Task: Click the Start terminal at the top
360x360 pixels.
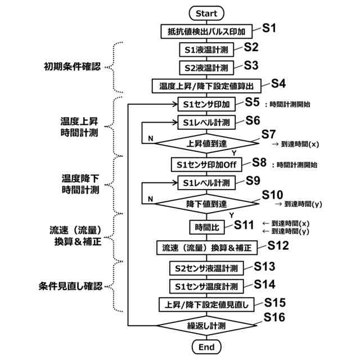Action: pyautogui.click(x=206, y=12)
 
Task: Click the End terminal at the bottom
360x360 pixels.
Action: pyautogui.click(x=206, y=347)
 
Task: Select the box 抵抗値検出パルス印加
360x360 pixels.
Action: pyautogui.click(x=206, y=30)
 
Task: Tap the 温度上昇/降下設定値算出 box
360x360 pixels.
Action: pyautogui.click(x=206, y=86)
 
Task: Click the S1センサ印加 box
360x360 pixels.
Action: pyautogui.click(x=206, y=105)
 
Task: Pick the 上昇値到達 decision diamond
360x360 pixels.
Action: pyautogui.click(x=206, y=143)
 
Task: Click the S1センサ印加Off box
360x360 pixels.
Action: pyautogui.click(x=206, y=164)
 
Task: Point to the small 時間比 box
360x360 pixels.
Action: pyautogui.click(x=206, y=227)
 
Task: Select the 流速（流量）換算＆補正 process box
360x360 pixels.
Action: pyautogui.click(x=206, y=247)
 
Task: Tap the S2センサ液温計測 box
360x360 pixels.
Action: pyautogui.click(x=206, y=268)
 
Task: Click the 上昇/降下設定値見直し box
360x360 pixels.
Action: pyautogui.click(x=206, y=305)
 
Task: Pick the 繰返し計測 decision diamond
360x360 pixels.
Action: pyautogui.click(x=206, y=326)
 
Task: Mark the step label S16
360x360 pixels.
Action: pyautogui.click(x=274, y=318)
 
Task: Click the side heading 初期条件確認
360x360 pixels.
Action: pyautogui.click(x=73, y=66)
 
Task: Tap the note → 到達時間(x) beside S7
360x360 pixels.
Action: pyautogui.click(x=296, y=144)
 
